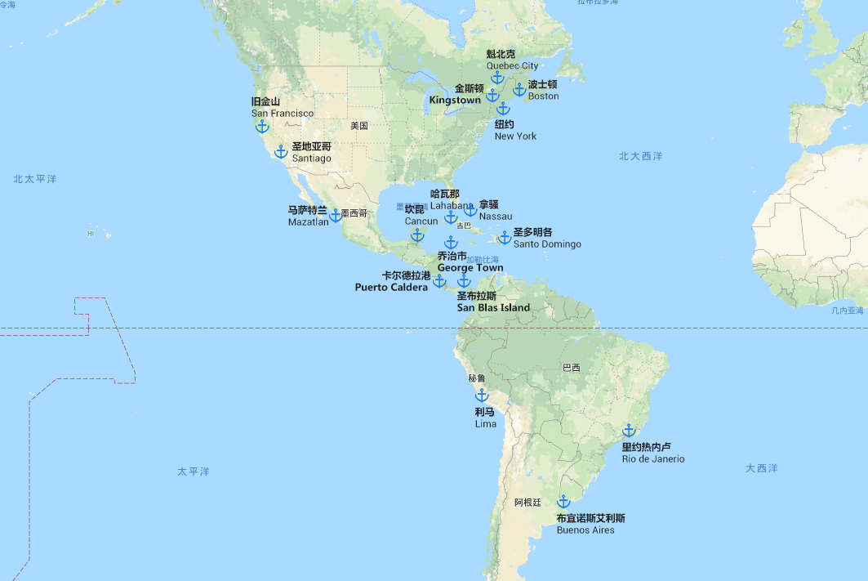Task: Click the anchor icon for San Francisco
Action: point(262,126)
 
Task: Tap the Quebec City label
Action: point(512,65)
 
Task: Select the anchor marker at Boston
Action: point(519,89)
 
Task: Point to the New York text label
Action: point(515,136)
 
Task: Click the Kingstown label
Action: point(455,100)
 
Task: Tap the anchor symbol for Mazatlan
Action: point(336,215)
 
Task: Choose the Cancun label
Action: point(421,221)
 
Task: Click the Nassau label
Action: point(496,216)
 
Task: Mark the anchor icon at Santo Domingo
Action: point(505,238)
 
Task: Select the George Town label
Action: point(470,267)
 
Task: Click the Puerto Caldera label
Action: point(391,287)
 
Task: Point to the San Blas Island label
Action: point(493,307)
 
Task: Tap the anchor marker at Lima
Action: point(482,396)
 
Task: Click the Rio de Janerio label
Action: point(653,458)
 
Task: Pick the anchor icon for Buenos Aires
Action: point(563,502)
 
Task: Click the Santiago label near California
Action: point(312,158)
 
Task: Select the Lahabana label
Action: point(452,205)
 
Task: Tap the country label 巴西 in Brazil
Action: point(572,368)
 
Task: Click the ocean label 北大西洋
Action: point(640,155)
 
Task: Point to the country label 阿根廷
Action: point(527,503)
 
